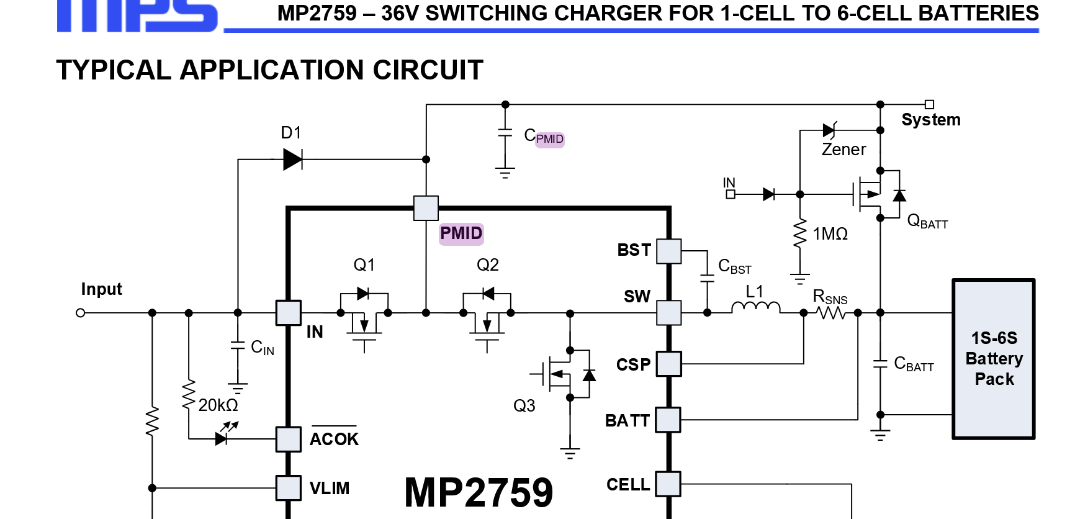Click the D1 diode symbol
(x=292, y=160)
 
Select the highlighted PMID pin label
(x=461, y=233)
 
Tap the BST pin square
(x=668, y=251)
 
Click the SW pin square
(x=668, y=313)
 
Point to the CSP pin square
(x=668, y=364)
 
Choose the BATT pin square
(x=668, y=420)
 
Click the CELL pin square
(x=668, y=484)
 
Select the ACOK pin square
(x=289, y=439)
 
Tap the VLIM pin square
(x=289, y=488)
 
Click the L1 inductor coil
(x=755, y=307)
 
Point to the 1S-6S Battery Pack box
(x=994, y=359)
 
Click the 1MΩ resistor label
(x=830, y=234)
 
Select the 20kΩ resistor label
(x=218, y=405)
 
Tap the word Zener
(x=843, y=150)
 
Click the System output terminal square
(x=929, y=104)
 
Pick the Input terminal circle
(x=80, y=313)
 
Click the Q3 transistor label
(x=524, y=406)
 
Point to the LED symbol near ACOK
(x=222, y=438)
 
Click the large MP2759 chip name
(x=479, y=492)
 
